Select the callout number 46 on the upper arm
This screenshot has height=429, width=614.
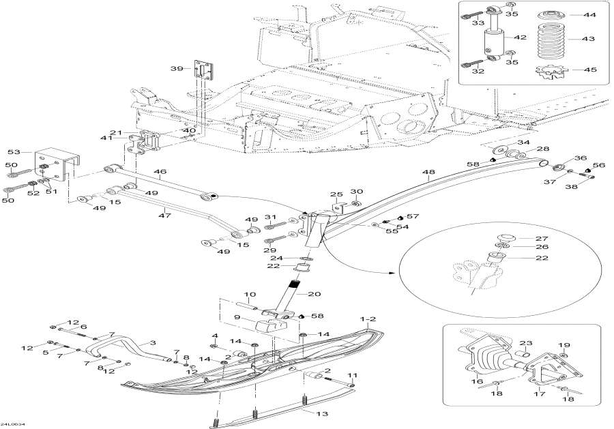click(x=160, y=173)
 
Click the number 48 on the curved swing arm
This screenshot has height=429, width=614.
click(x=428, y=173)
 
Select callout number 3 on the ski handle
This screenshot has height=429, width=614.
click(x=153, y=342)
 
